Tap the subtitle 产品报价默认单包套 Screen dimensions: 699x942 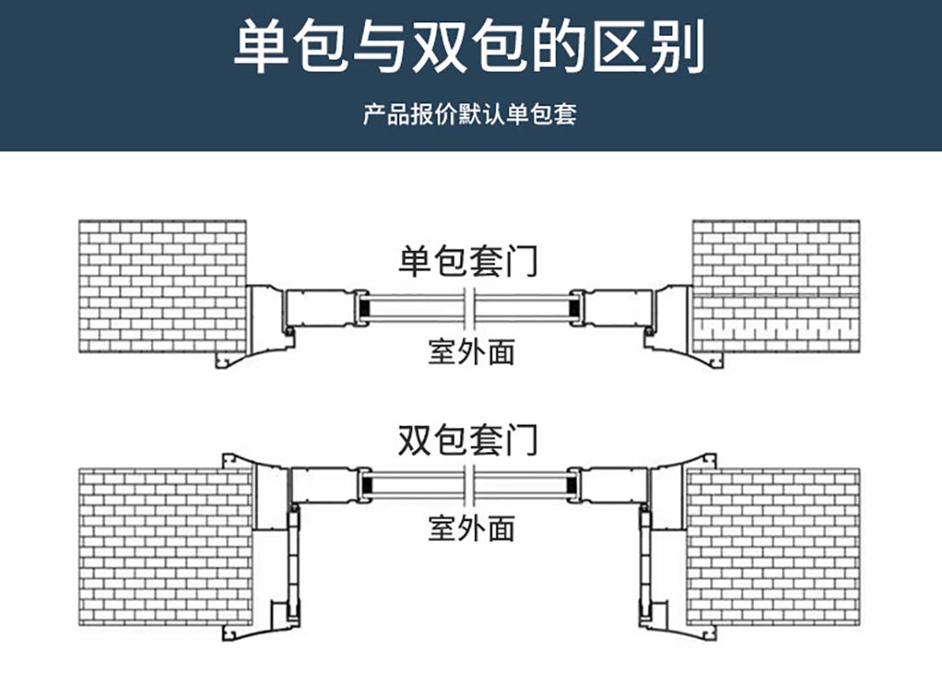click(x=470, y=114)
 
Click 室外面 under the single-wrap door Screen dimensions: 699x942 click(x=471, y=350)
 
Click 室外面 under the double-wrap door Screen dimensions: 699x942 click(x=471, y=529)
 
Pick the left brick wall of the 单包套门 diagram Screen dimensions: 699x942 click(x=162, y=286)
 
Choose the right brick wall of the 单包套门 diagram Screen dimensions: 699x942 click(x=776, y=286)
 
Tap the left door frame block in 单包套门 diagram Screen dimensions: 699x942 click(x=321, y=307)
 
